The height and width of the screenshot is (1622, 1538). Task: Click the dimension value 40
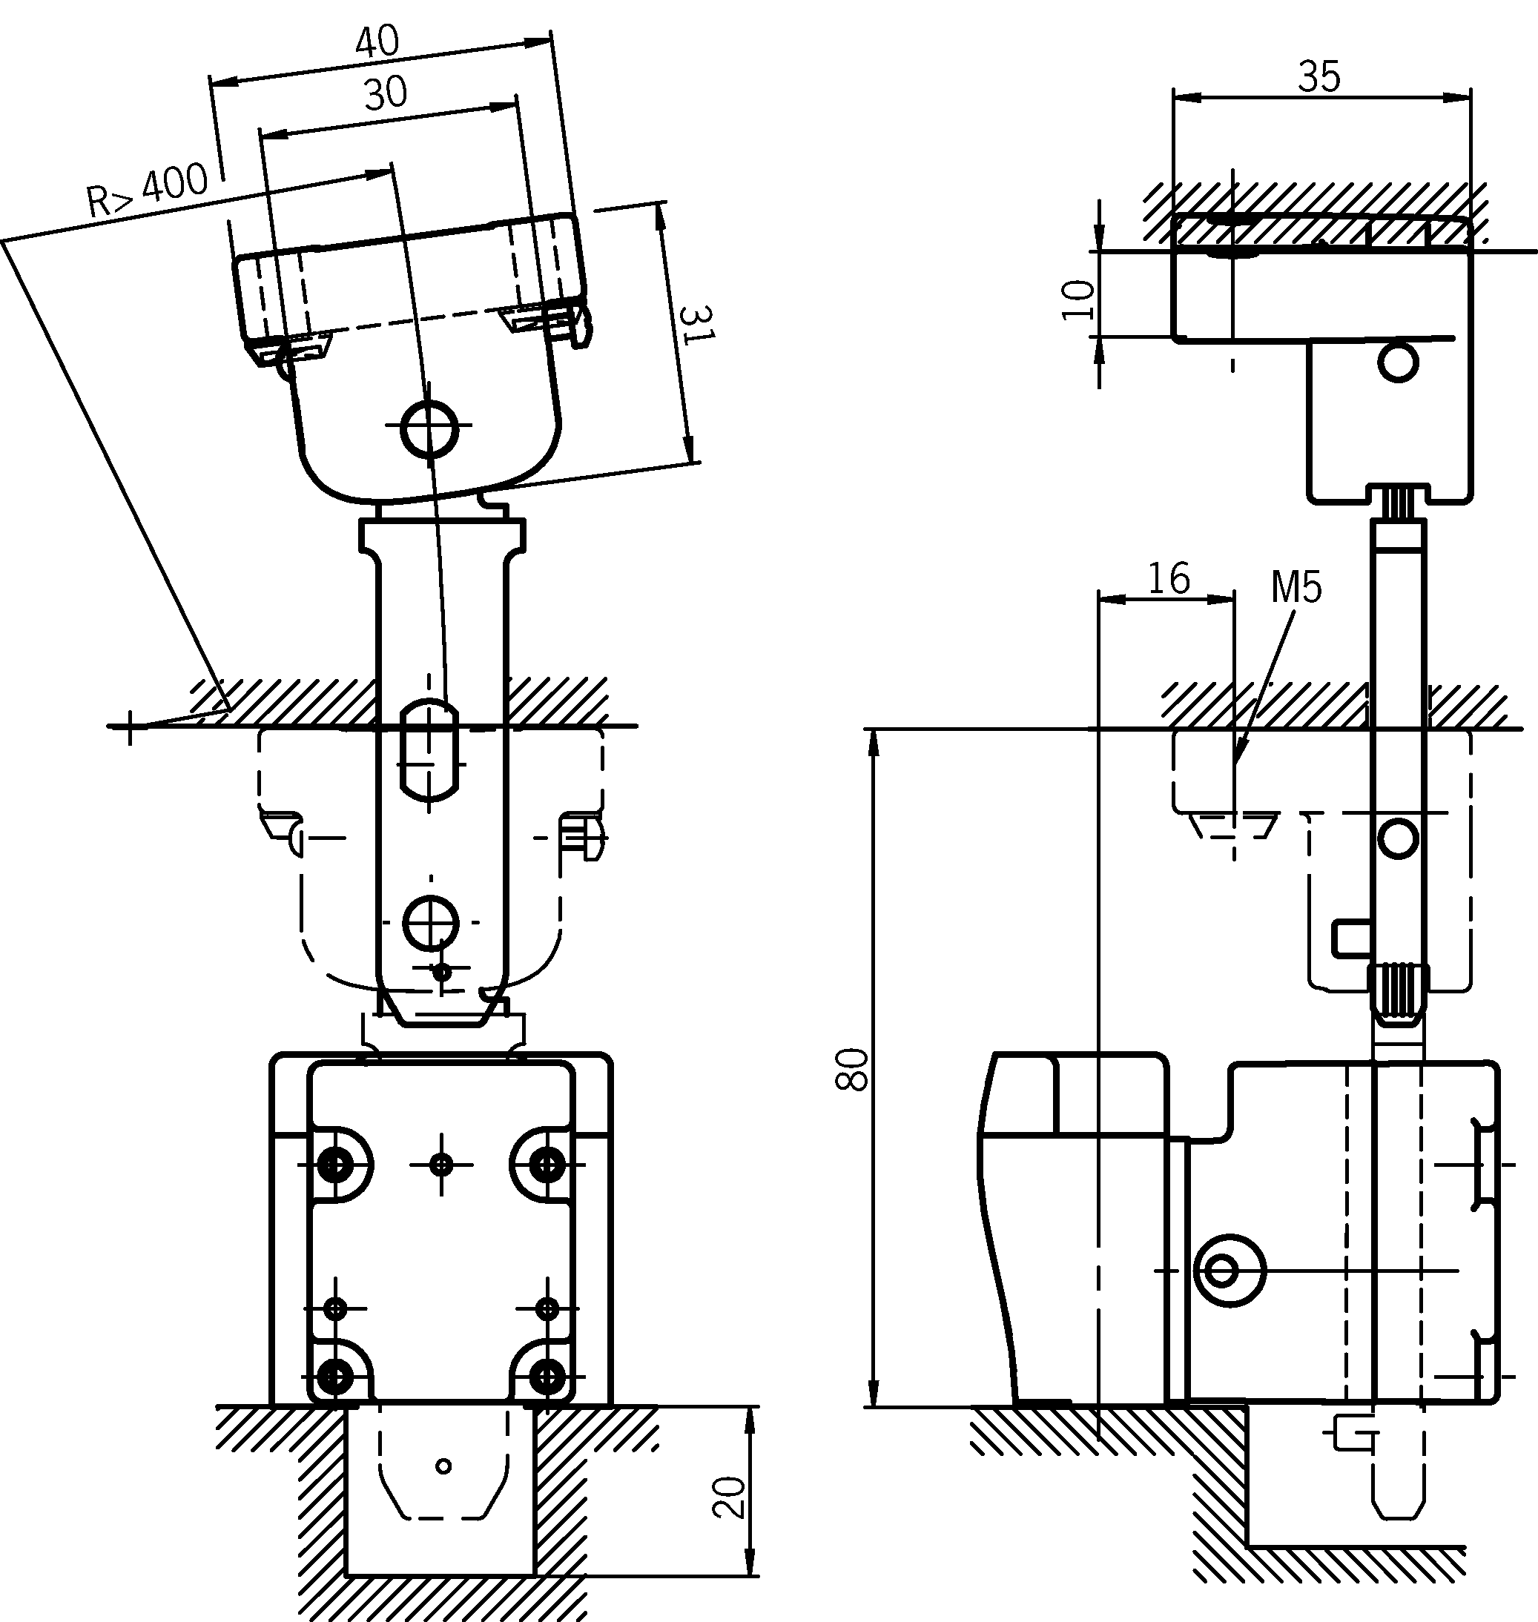pyautogui.click(x=377, y=42)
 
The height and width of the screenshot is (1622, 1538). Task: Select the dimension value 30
pyautogui.click(x=386, y=93)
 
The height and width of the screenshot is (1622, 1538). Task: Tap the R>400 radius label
pyautogui.click(x=148, y=191)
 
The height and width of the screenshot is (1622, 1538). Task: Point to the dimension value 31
pyautogui.click(x=697, y=325)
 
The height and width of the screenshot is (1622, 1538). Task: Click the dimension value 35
pyautogui.click(x=1319, y=77)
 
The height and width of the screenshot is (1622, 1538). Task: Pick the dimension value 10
pyautogui.click(x=1079, y=299)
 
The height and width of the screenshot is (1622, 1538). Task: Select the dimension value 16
pyautogui.click(x=1168, y=579)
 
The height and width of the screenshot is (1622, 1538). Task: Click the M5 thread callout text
pyautogui.click(x=1296, y=588)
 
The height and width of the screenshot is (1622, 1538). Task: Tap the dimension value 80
pyautogui.click(x=853, y=1069)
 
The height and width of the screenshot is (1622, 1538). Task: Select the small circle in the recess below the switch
pyautogui.click(x=443, y=1466)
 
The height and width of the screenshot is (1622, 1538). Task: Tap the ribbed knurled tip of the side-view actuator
pyautogui.click(x=1398, y=993)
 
